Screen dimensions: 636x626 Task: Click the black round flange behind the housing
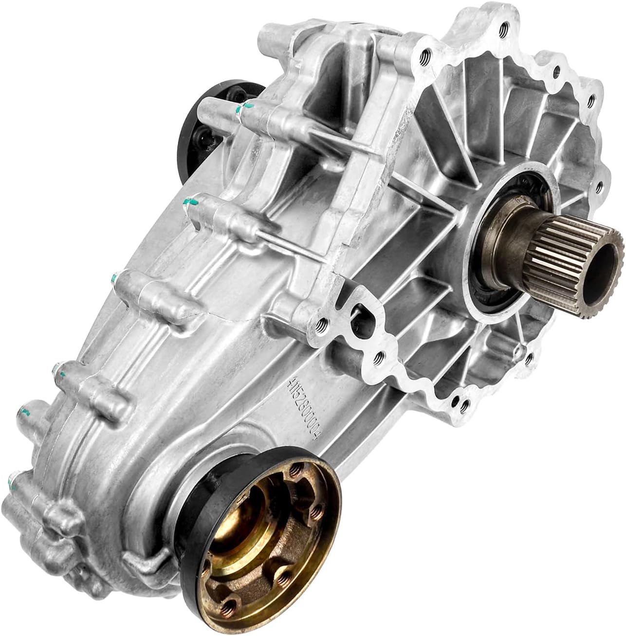[195, 117]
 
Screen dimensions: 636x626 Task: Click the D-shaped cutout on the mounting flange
[363, 316]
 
